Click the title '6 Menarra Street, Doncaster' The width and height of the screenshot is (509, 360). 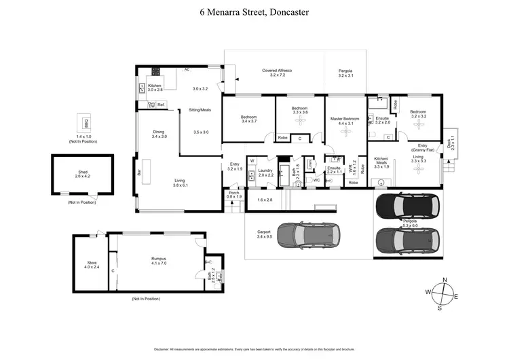tap(254, 12)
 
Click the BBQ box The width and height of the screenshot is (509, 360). tap(86, 123)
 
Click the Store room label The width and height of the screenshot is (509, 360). tap(92, 264)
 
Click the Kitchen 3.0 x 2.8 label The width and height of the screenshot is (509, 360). tap(155, 87)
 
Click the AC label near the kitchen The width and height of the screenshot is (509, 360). tap(187, 69)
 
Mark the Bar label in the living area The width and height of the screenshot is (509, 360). tap(139, 173)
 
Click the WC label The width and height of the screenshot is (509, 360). tap(316, 180)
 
